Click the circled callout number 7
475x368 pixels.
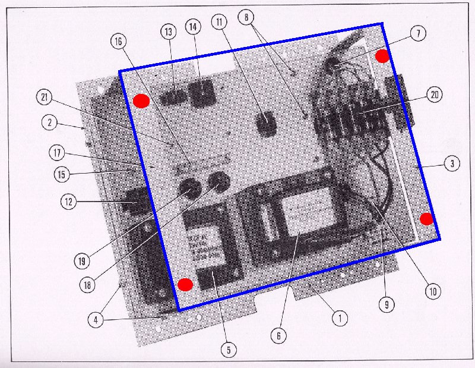(417, 34)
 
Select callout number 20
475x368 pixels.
(435, 95)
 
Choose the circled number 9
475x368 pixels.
(385, 305)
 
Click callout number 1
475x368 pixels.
(339, 318)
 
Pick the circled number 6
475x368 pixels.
(278, 335)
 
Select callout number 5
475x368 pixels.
(228, 350)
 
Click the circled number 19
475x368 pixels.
(81, 260)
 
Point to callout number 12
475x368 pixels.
(69, 202)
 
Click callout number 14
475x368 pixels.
(193, 27)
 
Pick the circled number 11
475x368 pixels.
(221, 24)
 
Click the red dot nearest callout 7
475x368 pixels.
(382, 56)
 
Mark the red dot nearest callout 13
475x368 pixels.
(141, 101)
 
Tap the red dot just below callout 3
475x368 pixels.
(426, 218)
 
